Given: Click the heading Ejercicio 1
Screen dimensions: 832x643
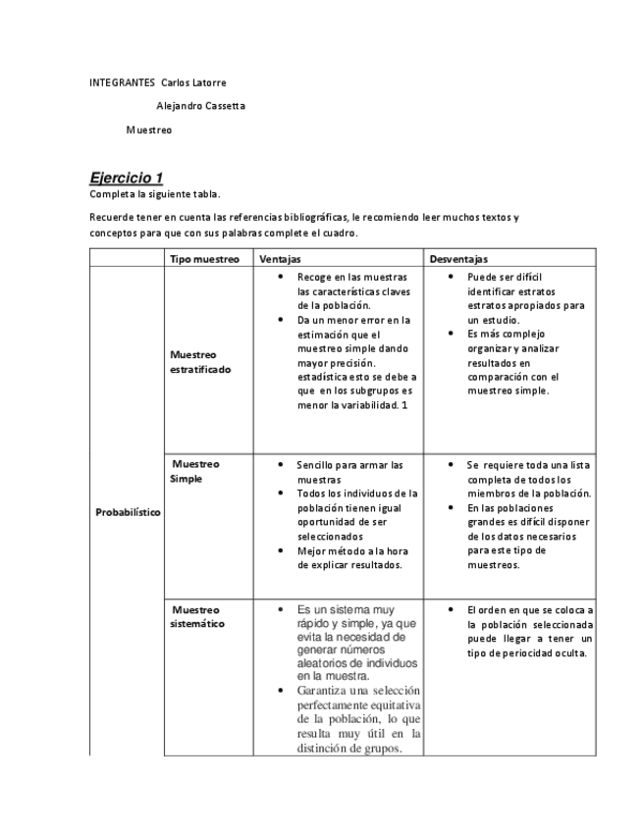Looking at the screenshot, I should click(x=126, y=178).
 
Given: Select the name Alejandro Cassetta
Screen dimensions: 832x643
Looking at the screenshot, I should click(x=200, y=105).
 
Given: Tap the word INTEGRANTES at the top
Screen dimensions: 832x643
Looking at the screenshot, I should click(x=122, y=82).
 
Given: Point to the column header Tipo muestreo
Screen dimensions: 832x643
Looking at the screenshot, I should click(x=204, y=259).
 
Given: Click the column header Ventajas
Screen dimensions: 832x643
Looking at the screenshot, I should click(x=280, y=259).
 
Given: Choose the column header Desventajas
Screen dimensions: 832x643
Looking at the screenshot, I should click(x=458, y=259).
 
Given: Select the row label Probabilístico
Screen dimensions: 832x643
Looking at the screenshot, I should click(x=128, y=512).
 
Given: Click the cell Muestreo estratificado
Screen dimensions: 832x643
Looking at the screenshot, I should click(x=200, y=361).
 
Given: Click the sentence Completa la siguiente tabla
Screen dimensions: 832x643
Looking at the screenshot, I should click(x=155, y=194).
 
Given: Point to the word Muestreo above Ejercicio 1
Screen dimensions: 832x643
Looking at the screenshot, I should click(x=148, y=130).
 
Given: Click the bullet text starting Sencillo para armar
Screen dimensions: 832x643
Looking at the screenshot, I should click(x=349, y=471).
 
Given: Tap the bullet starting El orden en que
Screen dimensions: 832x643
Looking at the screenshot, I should click(x=530, y=631).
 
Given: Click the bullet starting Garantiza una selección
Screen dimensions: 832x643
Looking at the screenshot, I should click(x=358, y=720).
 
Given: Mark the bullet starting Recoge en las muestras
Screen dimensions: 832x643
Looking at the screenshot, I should click(x=352, y=291).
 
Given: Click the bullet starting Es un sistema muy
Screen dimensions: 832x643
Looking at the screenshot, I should click(x=357, y=642).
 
